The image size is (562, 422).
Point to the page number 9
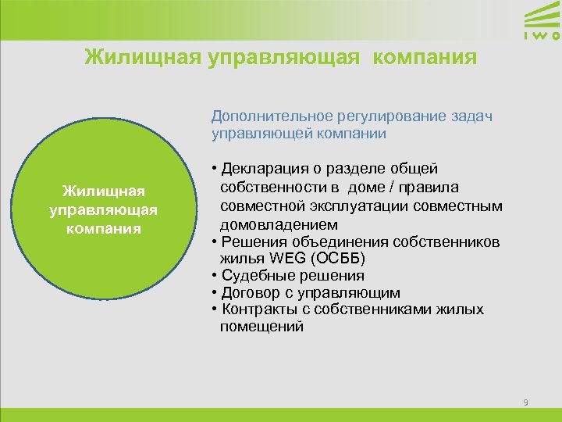coord(525,402)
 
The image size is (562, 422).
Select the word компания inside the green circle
coord(104,228)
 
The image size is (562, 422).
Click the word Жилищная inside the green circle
coord(104,191)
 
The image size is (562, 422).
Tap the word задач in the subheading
coord(473,116)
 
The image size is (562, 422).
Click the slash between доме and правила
coord(376,187)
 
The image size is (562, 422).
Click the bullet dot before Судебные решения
coord(214,276)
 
